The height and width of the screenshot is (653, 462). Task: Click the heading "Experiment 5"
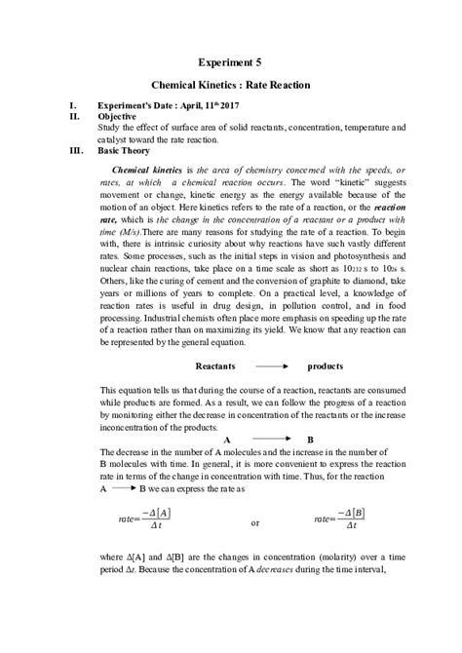click(231, 62)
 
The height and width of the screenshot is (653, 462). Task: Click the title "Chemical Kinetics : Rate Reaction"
click(231, 86)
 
